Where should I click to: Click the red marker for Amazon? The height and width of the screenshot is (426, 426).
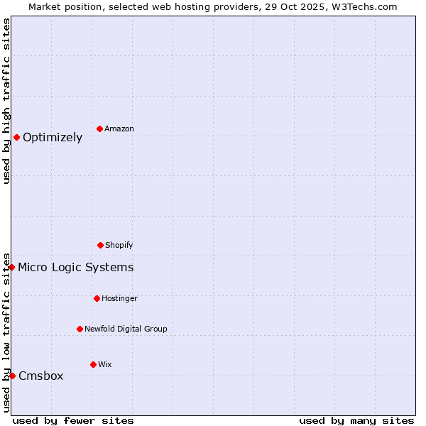click(x=99, y=129)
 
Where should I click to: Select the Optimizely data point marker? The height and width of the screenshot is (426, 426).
click(x=16, y=137)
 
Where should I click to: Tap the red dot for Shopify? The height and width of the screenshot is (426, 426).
click(x=100, y=245)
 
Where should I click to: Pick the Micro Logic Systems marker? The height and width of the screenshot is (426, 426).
click(x=12, y=267)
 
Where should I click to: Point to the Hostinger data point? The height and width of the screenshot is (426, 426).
click(x=97, y=298)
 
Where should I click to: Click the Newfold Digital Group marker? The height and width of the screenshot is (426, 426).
click(x=80, y=329)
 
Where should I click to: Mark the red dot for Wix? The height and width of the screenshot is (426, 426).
click(x=93, y=364)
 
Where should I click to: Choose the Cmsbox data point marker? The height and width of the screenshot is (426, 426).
click(x=12, y=376)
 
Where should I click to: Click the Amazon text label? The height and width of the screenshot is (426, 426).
click(x=119, y=129)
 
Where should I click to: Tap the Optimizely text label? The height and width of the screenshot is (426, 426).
click(x=53, y=138)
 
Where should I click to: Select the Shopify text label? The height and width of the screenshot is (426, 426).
click(x=119, y=245)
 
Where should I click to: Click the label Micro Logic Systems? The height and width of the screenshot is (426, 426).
click(x=75, y=268)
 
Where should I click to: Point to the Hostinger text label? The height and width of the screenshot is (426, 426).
click(x=119, y=298)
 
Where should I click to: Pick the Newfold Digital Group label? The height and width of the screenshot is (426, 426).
click(x=126, y=329)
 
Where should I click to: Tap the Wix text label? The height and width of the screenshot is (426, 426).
click(x=105, y=364)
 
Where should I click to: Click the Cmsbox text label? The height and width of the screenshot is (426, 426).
click(x=40, y=376)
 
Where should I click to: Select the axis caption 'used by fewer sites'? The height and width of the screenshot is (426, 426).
click(x=73, y=420)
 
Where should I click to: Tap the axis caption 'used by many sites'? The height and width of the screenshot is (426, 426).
click(x=356, y=420)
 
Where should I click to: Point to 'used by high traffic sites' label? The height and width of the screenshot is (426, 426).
click(x=6, y=101)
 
